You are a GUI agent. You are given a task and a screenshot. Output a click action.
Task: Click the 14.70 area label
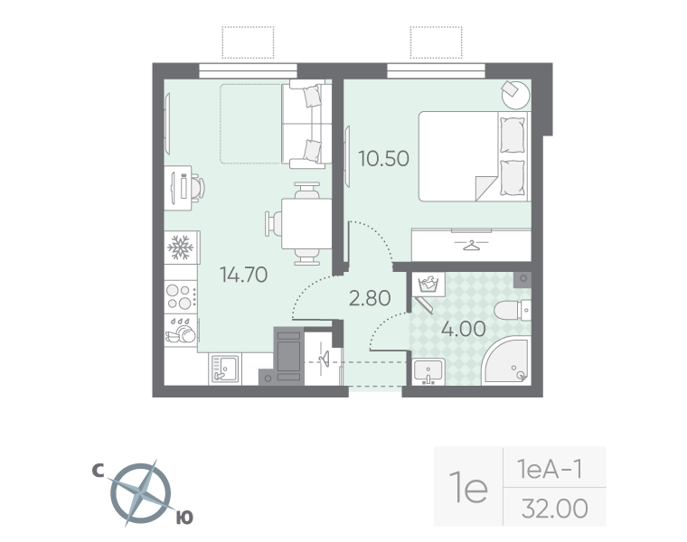[x=243, y=275]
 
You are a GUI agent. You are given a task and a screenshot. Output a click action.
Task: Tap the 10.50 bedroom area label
[x=384, y=158]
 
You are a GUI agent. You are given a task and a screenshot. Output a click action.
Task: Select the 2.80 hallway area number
[x=370, y=298]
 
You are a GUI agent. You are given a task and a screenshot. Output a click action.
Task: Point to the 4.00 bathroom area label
[x=464, y=329]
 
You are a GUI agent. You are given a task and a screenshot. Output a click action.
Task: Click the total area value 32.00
[x=555, y=509]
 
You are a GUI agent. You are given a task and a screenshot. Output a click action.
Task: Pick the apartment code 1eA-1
[x=551, y=470]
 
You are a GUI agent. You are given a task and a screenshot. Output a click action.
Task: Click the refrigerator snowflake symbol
[x=181, y=248]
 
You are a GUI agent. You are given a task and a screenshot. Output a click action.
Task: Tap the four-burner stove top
[x=181, y=296]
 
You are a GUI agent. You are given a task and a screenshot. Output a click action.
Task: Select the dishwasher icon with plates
[x=181, y=330]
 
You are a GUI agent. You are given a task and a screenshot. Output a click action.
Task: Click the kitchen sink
[x=225, y=369]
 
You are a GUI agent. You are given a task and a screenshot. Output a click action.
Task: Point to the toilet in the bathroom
[x=513, y=311]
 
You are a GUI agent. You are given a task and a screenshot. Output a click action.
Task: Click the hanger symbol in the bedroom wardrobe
[x=471, y=245]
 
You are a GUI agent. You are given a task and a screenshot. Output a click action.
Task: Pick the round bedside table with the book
[x=515, y=95]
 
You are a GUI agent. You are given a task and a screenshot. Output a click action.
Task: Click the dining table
[x=306, y=224]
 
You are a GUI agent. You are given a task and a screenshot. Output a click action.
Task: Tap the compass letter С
[x=98, y=471]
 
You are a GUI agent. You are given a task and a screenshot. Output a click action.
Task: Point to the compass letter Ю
[x=185, y=518]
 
